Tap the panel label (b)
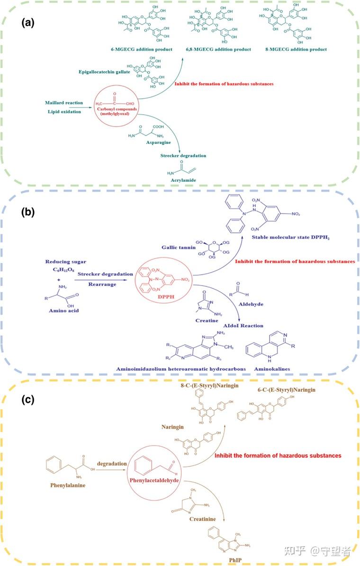point(29,212)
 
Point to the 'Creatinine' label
point(202,519)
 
